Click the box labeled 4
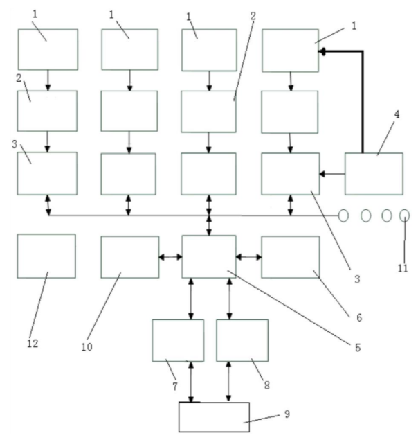coord(374,173)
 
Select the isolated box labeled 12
coord(46,256)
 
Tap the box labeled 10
coord(129,257)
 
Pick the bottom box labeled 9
coord(213,417)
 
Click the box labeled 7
coord(178,340)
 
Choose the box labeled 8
coord(242,340)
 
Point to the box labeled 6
coord(291,257)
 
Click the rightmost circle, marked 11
coord(404,216)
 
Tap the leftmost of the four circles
coord(343,216)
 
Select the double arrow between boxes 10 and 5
coord(170,257)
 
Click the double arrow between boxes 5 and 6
coord(249,257)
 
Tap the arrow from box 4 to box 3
coord(332,174)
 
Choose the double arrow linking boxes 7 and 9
coord(192,381)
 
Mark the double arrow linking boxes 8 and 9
coord(229,381)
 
